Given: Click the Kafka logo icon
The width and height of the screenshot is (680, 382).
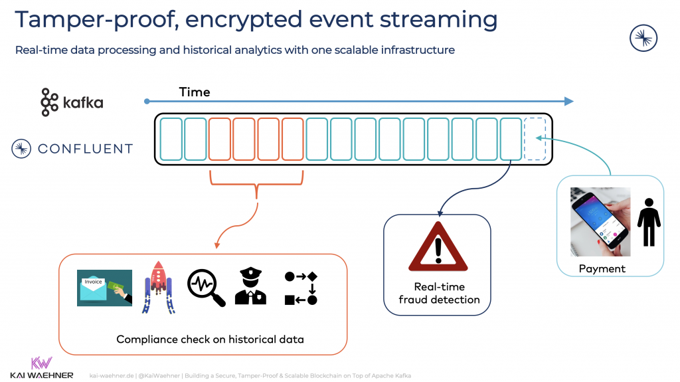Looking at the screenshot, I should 49,102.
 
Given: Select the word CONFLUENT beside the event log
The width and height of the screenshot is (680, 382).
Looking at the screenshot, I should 85,149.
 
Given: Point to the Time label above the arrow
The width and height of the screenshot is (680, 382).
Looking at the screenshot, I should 195,92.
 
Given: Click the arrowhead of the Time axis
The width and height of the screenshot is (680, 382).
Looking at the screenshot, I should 568,101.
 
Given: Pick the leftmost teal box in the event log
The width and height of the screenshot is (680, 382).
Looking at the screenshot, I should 171,139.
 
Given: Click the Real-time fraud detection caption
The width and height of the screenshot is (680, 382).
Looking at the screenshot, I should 438,293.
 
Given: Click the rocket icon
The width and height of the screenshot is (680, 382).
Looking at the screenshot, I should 157,286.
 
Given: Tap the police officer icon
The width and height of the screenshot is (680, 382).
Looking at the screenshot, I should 250,286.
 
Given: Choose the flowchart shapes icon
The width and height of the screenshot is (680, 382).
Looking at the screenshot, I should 301,288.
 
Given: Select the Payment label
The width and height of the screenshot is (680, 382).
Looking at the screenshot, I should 602,268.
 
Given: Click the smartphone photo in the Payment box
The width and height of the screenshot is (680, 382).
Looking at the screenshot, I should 600,221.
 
